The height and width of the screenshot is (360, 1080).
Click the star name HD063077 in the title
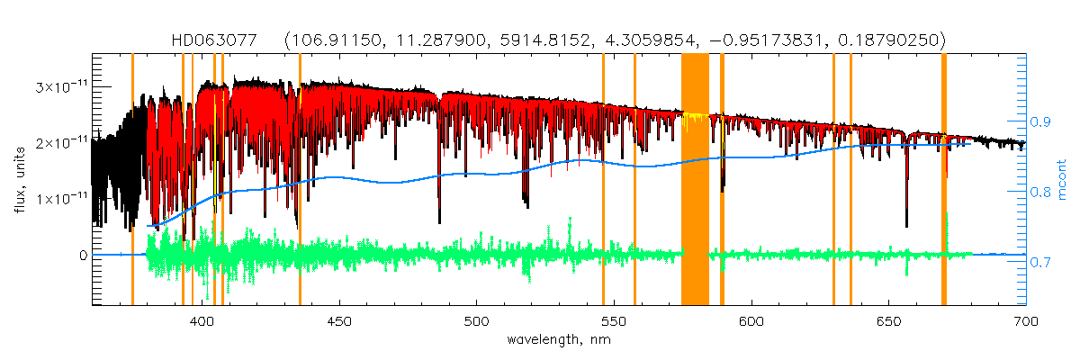215,40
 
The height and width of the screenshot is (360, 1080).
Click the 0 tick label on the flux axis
82,256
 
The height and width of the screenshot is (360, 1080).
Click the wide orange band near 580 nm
695,180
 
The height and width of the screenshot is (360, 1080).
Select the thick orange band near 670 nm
943,180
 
